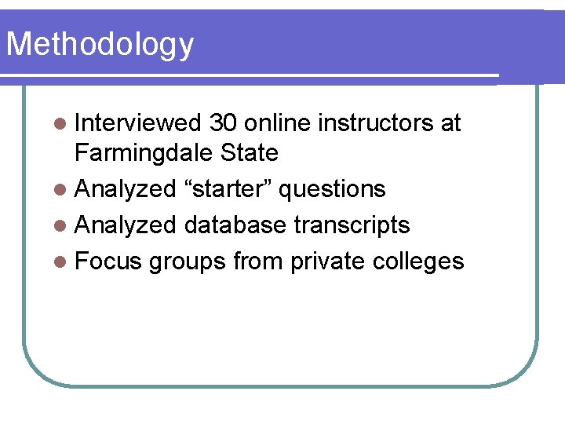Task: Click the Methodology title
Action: tap(100, 45)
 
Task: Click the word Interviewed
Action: tap(138, 123)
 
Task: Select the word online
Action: tap(275, 123)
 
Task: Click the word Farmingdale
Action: tap(145, 152)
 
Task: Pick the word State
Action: tap(250, 152)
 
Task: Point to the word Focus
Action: tap(108, 261)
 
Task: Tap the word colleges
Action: tap(417, 262)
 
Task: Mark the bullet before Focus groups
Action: tap(61, 262)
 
